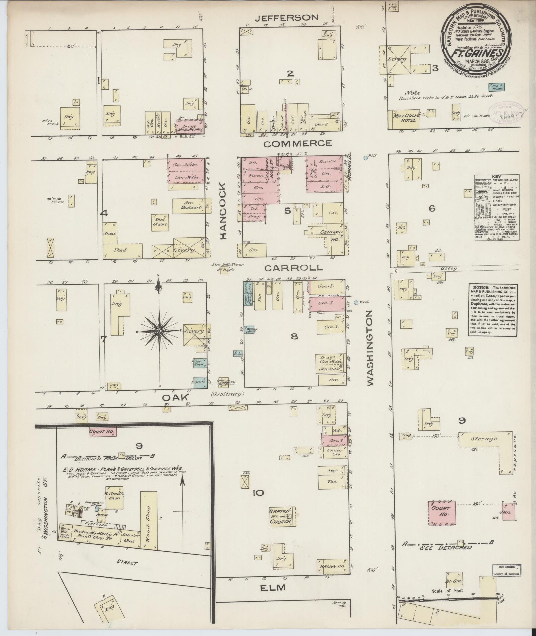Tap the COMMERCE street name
pyautogui.click(x=297, y=143)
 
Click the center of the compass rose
pyautogui.click(x=159, y=331)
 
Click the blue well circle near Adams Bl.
pyautogui.click(x=366, y=158)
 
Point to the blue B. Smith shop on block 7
pyautogui.click(x=200, y=382)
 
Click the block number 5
pyautogui.click(x=287, y=211)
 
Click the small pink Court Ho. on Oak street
pyautogui.click(x=102, y=432)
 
